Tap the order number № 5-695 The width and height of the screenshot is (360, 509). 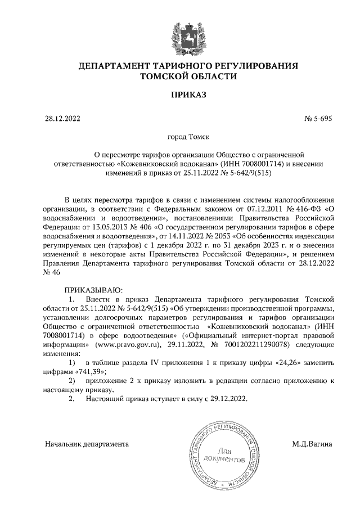click(318, 119)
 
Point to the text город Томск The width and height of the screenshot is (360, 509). click(188, 137)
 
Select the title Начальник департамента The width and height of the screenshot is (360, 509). click(87, 444)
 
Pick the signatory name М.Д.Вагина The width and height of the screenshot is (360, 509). click(312, 444)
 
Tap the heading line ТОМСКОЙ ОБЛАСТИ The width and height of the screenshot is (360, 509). click(188, 77)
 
